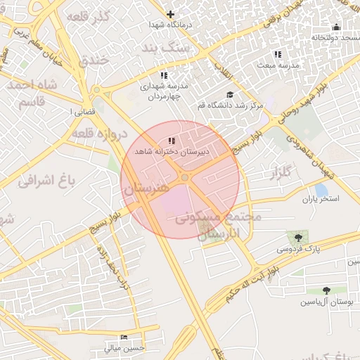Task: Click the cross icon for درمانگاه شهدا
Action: [169, 14]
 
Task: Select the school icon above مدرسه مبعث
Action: [277, 54]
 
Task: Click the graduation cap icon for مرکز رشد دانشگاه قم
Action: [229, 95]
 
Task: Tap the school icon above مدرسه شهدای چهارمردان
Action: [164, 75]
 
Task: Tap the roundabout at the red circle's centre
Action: [184, 178]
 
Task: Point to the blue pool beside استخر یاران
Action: [321, 190]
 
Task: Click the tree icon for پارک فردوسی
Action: [298, 238]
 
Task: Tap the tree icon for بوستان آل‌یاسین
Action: [326, 290]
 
